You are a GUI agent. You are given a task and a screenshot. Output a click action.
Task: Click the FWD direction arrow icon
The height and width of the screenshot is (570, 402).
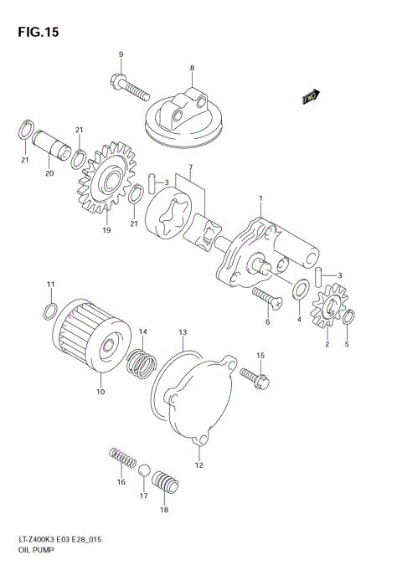tap(312, 96)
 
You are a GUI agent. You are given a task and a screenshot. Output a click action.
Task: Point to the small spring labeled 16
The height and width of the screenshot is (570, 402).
tap(123, 460)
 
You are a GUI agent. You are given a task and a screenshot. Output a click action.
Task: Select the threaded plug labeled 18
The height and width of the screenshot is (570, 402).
tap(164, 484)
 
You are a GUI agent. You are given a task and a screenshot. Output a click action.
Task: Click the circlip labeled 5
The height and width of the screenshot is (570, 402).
tap(350, 316)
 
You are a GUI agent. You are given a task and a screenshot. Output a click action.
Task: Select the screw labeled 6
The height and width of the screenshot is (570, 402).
tap(265, 297)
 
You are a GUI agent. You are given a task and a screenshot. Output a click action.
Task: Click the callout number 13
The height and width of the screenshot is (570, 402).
tap(183, 332)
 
